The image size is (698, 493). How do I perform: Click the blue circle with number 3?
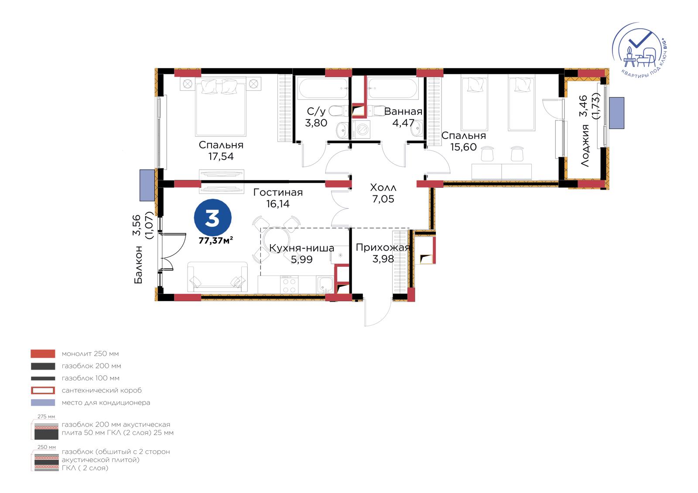pos(212,218)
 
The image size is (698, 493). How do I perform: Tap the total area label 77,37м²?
pos(216,241)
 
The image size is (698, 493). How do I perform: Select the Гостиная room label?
pos(277,193)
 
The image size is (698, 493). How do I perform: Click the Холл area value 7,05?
pos(383,199)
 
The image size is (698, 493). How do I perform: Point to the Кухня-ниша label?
pos(301,248)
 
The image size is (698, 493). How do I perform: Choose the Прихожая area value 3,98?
pos(383,259)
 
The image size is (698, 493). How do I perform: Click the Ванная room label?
pos(403,111)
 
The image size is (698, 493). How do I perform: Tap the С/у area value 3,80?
pos(316,123)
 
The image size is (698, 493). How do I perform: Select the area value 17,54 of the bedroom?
pos(221,156)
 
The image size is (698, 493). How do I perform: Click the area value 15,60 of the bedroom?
pos(463,147)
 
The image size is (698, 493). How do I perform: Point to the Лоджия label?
pos(585,146)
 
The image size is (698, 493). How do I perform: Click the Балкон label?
pos(138,265)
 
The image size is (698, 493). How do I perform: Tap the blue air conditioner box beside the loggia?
pos(616,113)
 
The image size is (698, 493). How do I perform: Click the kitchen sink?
pos(325,285)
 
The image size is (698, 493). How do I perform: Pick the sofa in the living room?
pos(218,277)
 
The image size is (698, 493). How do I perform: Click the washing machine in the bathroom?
pos(361,129)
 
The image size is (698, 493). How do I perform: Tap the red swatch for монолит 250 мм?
pos(43,354)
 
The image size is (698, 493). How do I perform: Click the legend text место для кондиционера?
pos(106,403)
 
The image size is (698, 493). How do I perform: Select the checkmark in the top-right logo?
pos(640,40)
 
